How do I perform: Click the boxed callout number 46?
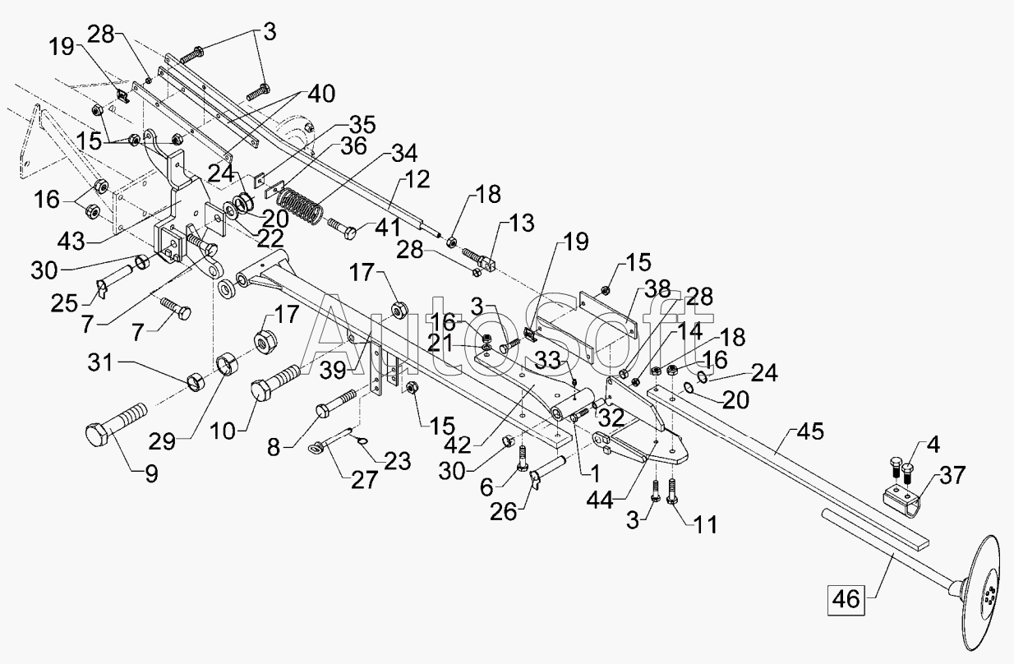[x=846, y=600]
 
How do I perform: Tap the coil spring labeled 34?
[x=300, y=207]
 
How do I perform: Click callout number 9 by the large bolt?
[x=151, y=474]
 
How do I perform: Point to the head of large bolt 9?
[x=97, y=435]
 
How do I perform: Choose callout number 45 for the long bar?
[x=811, y=431]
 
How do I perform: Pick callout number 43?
[x=71, y=242]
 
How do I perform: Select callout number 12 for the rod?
[x=417, y=180]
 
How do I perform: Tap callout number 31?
[x=100, y=362]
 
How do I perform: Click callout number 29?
[x=162, y=441]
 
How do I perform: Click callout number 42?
[x=458, y=445]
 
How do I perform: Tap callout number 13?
[x=522, y=224]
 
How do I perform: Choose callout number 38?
[x=657, y=290]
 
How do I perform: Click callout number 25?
[x=64, y=303]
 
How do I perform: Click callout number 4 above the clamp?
[x=933, y=445]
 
